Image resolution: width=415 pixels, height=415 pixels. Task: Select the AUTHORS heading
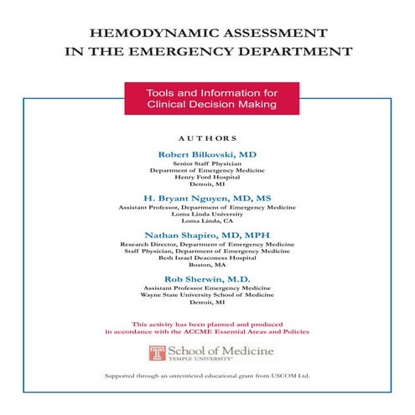point(208,137)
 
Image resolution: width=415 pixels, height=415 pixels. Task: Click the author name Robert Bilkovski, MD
point(207,155)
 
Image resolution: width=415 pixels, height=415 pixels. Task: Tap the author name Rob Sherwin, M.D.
point(207,278)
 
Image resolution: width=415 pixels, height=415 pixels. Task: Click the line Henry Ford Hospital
point(207,176)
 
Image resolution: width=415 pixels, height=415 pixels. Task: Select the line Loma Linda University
point(207,214)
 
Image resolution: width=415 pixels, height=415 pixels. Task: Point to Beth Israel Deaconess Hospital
point(207,257)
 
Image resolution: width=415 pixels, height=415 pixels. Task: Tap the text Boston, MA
point(207,265)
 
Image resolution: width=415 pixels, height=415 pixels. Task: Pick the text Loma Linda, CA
point(207,221)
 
